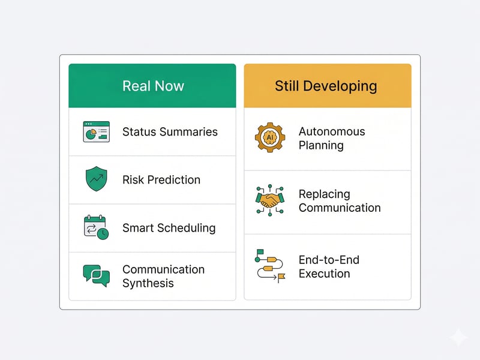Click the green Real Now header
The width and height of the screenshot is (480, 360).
coord(152,86)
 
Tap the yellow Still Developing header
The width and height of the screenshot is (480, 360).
coord(327,86)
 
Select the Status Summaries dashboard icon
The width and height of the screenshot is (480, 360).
coord(96,131)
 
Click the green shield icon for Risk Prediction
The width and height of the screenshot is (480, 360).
coord(96,179)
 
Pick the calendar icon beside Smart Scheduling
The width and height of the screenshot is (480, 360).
coord(96,228)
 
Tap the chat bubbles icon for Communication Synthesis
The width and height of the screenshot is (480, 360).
coord(96,276)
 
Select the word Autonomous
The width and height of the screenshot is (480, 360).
coord(332,131)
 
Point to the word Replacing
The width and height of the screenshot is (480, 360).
coord(324,194)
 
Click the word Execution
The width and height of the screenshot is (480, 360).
coord(324,274)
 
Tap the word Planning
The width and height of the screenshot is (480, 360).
coord(321,145)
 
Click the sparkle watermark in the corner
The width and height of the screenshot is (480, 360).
coord(458,338)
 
